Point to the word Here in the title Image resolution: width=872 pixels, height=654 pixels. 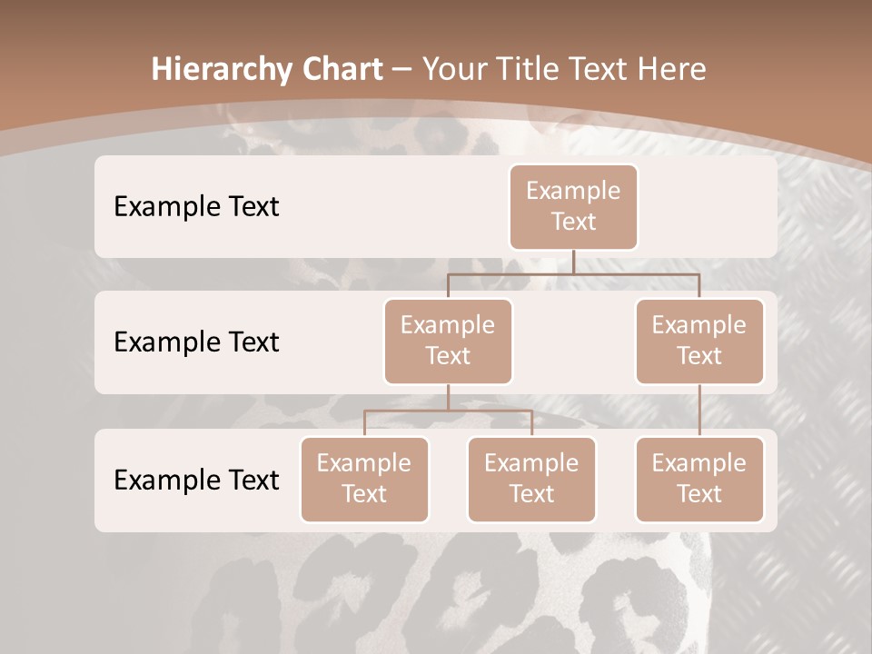(671, 69)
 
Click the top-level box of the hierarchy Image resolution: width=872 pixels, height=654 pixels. (573, 206)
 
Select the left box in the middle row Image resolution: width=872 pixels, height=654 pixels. (448, 341)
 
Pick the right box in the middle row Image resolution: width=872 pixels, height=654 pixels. (699, 341)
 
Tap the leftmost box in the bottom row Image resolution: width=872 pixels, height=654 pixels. (364, 479)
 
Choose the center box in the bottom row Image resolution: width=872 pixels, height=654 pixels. (531, 479)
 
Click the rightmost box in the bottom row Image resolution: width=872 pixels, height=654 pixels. (699, 479)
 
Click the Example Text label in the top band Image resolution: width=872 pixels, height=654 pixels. (196, 206)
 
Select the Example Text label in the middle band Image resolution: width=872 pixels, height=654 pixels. (196, 342)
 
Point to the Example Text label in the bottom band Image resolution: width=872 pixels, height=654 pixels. (196, 480)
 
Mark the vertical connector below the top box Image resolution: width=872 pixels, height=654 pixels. (573, 262)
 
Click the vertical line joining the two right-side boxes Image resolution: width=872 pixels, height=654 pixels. (699, 411)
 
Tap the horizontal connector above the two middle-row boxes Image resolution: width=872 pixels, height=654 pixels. (573, 273)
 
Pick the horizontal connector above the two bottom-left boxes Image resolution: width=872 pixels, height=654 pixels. (448, 411)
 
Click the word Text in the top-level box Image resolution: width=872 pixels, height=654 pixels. (573, 222)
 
